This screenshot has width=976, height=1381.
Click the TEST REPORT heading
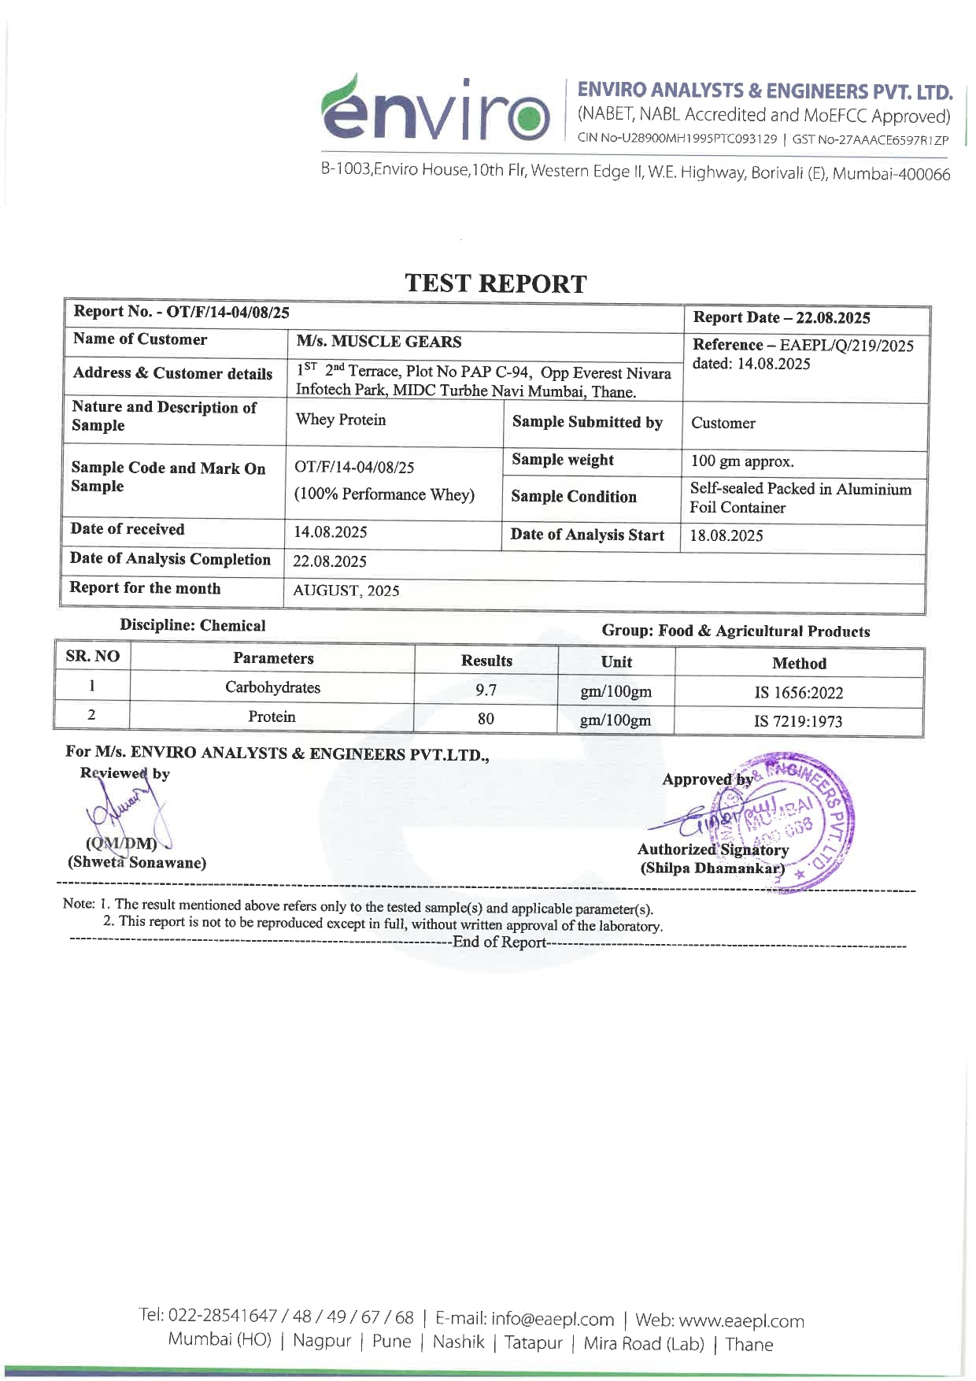(x=496, y=283)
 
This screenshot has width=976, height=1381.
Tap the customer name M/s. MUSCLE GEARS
(x=379, y=342)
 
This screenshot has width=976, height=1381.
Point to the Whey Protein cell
(x=341, y=420)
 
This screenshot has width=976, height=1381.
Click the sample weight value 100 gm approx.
(x=742, y=461)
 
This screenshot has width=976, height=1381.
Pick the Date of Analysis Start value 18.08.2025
(x=726, y=535)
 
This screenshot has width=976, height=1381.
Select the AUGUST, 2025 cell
(x=346, y=591)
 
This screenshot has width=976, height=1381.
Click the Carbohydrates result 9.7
(x=486, y=690)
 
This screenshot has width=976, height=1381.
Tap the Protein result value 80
(x=486, y=718)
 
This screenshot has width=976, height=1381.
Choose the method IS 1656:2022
(x=798, y=693)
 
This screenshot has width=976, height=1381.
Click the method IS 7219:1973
(x=798, y=721)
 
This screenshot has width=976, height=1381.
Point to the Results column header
(x=486, y=661)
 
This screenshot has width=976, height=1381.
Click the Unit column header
(x=616, y=662)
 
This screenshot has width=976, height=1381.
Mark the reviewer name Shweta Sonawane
(x=137, y=862)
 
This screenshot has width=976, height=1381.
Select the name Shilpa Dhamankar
(x=712, y=868)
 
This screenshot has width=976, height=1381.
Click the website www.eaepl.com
(x=741, y=1320)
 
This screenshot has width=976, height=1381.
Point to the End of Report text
(x=499, y=942)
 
